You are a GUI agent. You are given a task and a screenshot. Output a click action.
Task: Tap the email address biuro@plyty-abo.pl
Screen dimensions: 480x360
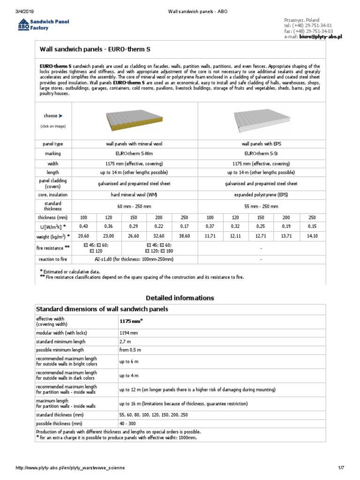pyautogui.click(x=321, y=36)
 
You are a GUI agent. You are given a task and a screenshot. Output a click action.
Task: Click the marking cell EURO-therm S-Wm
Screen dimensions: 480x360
pyautogui.click(x=135, y=154)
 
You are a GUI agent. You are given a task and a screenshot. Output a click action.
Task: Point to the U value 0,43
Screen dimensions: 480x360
pyautogui.click(x=83, y=227)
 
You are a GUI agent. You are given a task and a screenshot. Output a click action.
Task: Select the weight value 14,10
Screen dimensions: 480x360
pyautogui.click(x=312, y=236)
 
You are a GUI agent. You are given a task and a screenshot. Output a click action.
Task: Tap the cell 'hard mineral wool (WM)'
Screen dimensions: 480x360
pyautogui.click(x=135, y=195)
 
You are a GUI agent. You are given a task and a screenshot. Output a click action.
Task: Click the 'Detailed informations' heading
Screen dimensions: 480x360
pyautogui.click(x=180, y=298)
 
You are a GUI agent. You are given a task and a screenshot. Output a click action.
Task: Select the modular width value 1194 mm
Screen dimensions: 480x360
pyautogui.click(x=129, y=332)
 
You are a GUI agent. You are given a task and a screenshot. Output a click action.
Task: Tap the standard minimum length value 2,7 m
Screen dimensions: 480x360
pyautogui.click(x=125, y=341)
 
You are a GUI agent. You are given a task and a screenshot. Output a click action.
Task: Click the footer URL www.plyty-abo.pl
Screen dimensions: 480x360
pyautogui.click(x=71, y=468)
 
